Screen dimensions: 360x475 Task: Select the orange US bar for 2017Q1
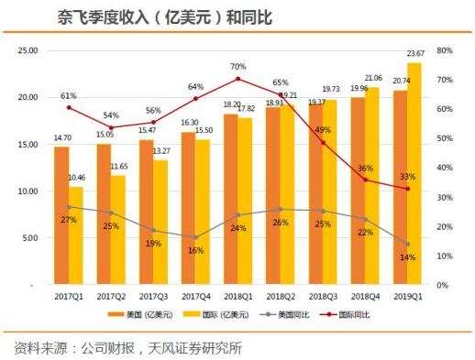click(61, 215)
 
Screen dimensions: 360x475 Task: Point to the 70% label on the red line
click(237, 67)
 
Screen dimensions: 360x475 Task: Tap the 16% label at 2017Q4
click(195, 249)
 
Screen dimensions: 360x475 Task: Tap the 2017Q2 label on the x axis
click(111, 298)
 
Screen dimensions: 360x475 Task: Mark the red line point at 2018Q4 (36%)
click(365, 180)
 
